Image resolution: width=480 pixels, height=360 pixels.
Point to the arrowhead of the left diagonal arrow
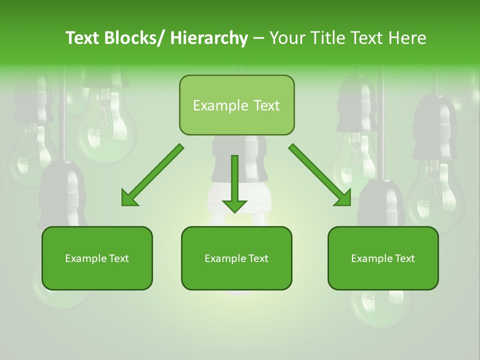pyautogui.click(x=129, y=198)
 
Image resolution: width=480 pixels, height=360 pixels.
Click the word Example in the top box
pyautogui.click(x=220, y=106)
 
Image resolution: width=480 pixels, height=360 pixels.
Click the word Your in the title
pyautogui.click(x=288, y=38)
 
